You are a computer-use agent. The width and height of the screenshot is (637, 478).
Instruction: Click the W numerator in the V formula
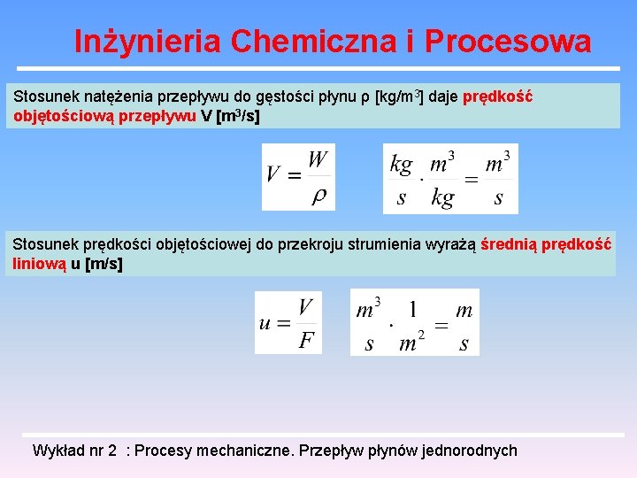[x=318, y=160]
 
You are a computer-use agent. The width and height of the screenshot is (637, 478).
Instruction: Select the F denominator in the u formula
[x=306, y=341]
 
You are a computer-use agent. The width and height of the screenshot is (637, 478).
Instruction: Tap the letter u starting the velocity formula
[x=265, y=323]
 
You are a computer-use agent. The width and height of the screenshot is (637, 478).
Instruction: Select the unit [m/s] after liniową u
[x=104, y=263]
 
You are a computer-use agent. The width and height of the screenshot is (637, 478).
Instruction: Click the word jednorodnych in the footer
[x=470, y=451]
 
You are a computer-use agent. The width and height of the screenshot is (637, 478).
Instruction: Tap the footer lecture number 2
[x=112, y=451]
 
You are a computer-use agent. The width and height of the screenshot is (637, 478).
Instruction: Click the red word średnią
[x=509, y=244]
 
